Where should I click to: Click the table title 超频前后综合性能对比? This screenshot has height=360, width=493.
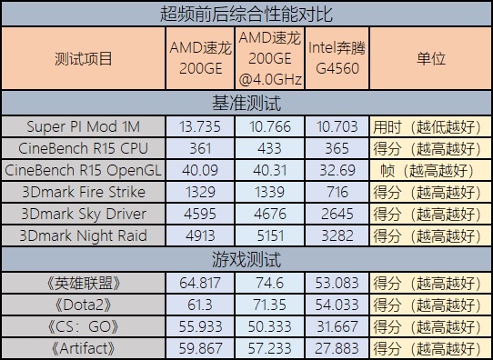246,14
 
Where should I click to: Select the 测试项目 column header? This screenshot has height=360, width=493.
84,59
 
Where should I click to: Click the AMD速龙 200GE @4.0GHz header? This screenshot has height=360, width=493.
269,59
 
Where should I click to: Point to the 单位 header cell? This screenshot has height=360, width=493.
430,59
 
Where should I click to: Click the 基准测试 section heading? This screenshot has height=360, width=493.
246,103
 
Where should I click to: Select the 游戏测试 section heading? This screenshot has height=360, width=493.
246,258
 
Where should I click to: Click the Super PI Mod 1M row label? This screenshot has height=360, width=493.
84,125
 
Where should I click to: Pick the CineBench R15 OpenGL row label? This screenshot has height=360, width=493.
84,170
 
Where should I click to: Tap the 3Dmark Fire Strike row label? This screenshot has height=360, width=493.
84,192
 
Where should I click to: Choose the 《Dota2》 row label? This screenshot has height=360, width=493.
84,303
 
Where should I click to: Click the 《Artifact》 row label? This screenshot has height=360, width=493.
84,346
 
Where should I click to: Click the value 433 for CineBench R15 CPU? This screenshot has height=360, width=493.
269,148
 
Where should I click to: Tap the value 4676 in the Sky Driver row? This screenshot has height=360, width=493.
269,215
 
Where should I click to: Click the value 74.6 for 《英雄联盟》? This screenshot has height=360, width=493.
269,281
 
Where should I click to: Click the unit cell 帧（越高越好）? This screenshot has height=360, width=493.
430,170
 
